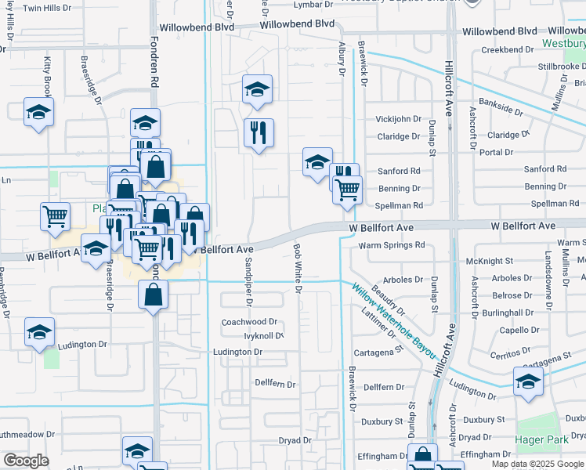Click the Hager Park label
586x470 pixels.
click(x=542, y=440)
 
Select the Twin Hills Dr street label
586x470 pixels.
click(x=46, y=8)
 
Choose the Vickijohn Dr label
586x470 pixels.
click(x=398, y=119)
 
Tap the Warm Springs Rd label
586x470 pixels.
click(x=391, y=245)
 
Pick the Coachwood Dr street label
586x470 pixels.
click(x=250, y=322)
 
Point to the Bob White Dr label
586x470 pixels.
click(x=298, y=267)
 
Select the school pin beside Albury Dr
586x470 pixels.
click(x=317, y=162)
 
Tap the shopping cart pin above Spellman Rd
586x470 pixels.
click(x=347, y=189)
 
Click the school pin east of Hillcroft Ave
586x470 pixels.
click(x=528, y=382)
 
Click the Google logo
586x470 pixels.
click(x=26, y=461)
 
